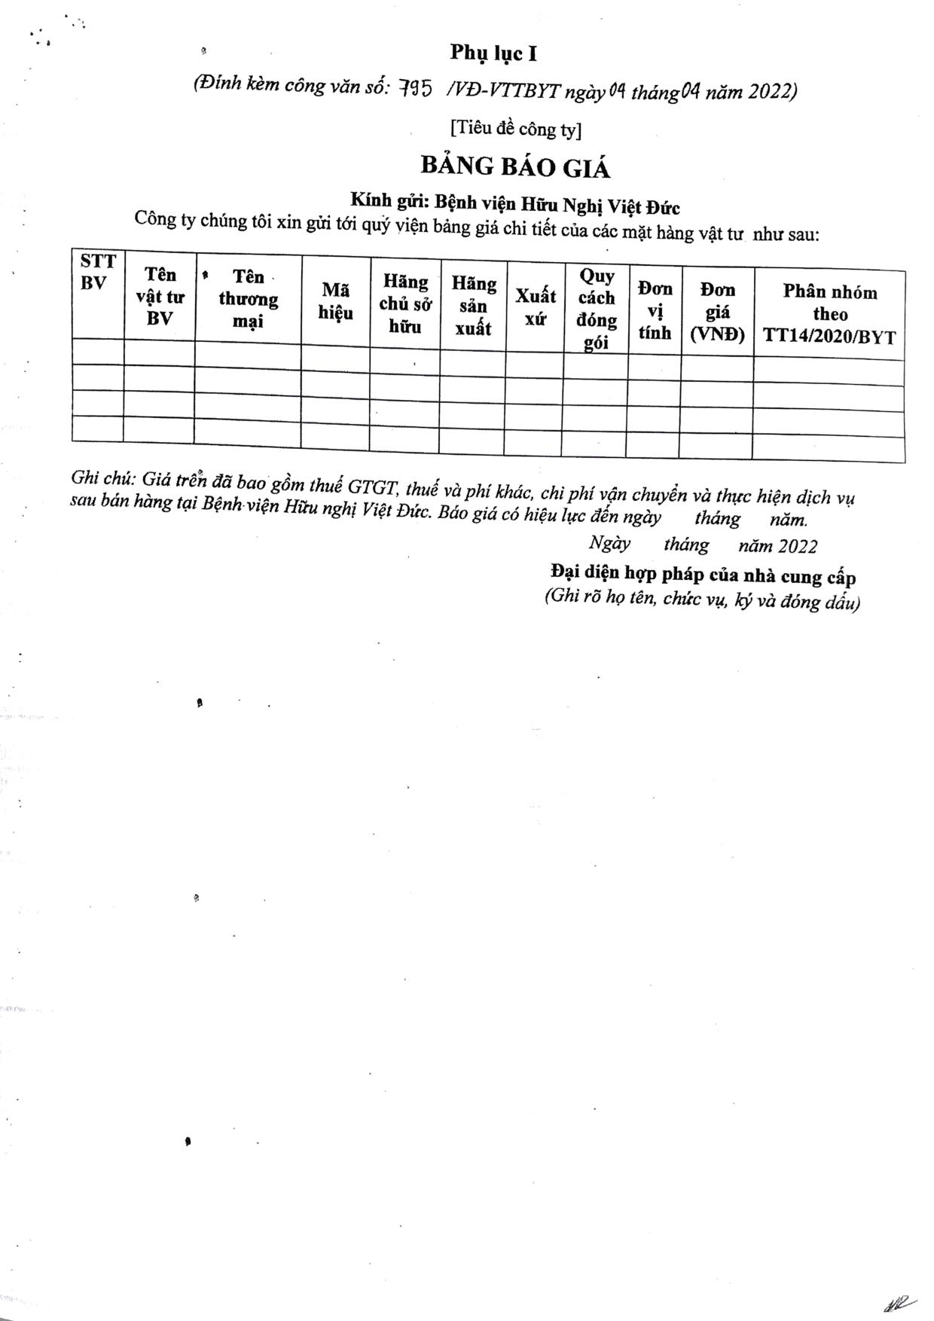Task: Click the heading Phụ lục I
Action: point(493,53)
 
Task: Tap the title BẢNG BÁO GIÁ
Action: point(514,166)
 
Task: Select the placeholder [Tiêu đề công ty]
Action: point(516,129)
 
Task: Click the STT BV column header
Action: point(98,273)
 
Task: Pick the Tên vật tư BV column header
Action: point(160,297)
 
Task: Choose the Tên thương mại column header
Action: point(248,299)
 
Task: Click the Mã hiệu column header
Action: point(335,301)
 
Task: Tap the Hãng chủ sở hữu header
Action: point(404,304)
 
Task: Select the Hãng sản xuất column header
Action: point(473,306)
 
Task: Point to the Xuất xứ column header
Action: point(535,307)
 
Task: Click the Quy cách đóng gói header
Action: point(597,309)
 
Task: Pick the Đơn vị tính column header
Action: point(655,310)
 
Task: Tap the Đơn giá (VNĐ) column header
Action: point(717,312)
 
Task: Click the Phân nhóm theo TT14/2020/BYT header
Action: point(829,314)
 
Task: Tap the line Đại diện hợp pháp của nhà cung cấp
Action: point(703,575)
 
